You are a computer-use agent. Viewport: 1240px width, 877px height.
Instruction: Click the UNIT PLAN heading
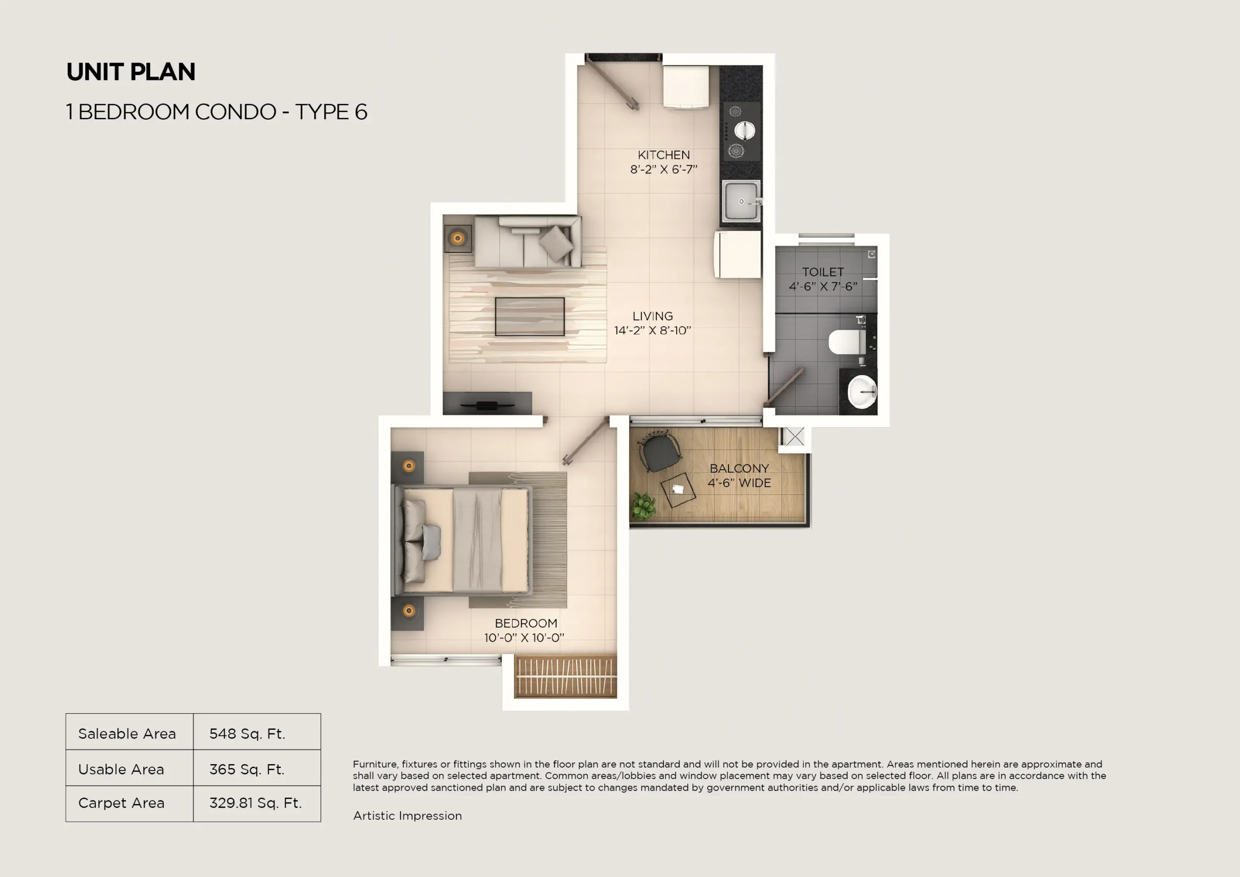coord(131,72)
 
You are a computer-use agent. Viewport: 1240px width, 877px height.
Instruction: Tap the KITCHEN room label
coord(663,155)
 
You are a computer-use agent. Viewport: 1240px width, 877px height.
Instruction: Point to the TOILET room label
coord(822,272)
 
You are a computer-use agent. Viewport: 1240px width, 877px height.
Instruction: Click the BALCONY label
coord(739,469)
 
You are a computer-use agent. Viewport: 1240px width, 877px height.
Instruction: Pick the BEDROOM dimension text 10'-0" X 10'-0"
coord(524,638)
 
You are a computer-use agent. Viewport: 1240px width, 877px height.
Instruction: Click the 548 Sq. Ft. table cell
coord(248,733)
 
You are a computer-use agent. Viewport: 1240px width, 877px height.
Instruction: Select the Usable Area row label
coord(121,769)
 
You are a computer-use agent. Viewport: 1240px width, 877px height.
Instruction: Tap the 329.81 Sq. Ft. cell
coord(255,803)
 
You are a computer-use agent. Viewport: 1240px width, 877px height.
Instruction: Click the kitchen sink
coord(741,202)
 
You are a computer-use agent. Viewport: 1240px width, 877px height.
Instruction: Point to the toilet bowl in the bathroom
coord(845,342)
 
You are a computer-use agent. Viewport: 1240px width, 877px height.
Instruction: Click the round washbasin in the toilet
coord(861,391)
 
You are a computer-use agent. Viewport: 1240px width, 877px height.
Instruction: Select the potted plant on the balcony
coord(643,506)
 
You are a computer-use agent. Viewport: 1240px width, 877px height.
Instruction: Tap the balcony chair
coord(660,453)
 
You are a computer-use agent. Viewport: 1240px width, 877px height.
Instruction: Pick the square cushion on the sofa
coord(556,243)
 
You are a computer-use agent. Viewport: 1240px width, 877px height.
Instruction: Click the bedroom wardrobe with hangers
coord(565,676)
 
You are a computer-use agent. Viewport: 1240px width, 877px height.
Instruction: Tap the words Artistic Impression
coord(407,815)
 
